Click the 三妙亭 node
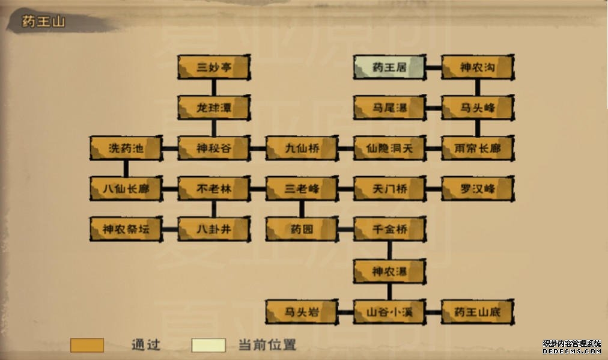[213, 67]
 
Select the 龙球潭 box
[213, 108]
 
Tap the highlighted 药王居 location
[389, 67]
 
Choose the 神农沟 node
[477, 67]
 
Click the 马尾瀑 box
[389, 108]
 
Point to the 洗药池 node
[126, 148]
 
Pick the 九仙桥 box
[302, 148]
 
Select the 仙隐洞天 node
[389, 148]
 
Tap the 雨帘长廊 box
[477, 148]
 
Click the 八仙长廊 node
[126, 189]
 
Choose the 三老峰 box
[302, 189]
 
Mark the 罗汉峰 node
[477, 189]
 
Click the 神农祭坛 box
[126, 229]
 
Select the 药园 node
[302, 229]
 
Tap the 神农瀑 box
[389, 271]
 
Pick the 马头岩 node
[302, 312]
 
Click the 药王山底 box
[477, 312]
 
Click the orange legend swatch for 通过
[87, 345]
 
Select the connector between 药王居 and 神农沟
[433, 67]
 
